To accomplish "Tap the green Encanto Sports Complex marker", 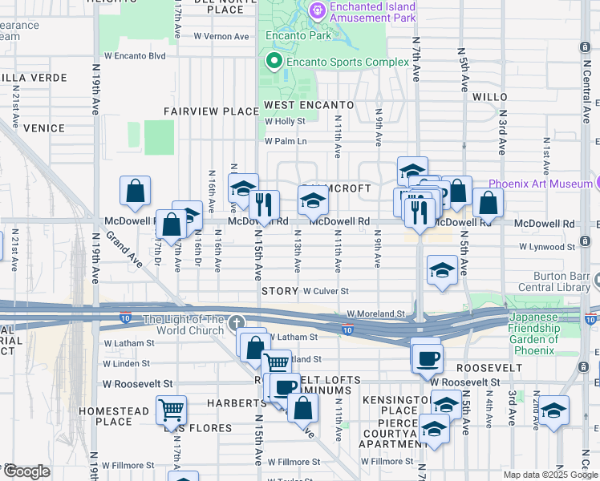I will tap(274, 61).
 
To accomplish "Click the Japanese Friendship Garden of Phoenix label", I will tap(544, 333).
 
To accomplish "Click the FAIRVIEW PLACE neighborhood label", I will tap(200, 111).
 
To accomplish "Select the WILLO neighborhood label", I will tap(490, 97).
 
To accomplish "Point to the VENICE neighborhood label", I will tap(43, 127).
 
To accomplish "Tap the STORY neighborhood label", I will tap(279, 292).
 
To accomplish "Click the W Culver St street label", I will tap(326, 292).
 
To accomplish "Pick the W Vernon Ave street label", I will tap(221, 36).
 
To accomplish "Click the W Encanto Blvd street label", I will tap(134, 56).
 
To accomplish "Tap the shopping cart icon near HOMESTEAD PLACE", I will tap(171, 410).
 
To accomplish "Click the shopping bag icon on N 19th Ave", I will tap(136, 191).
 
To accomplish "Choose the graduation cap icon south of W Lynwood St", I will tap(442, 271).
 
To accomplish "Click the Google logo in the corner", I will tap(26, 471).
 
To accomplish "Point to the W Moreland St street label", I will tap(375, 314).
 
